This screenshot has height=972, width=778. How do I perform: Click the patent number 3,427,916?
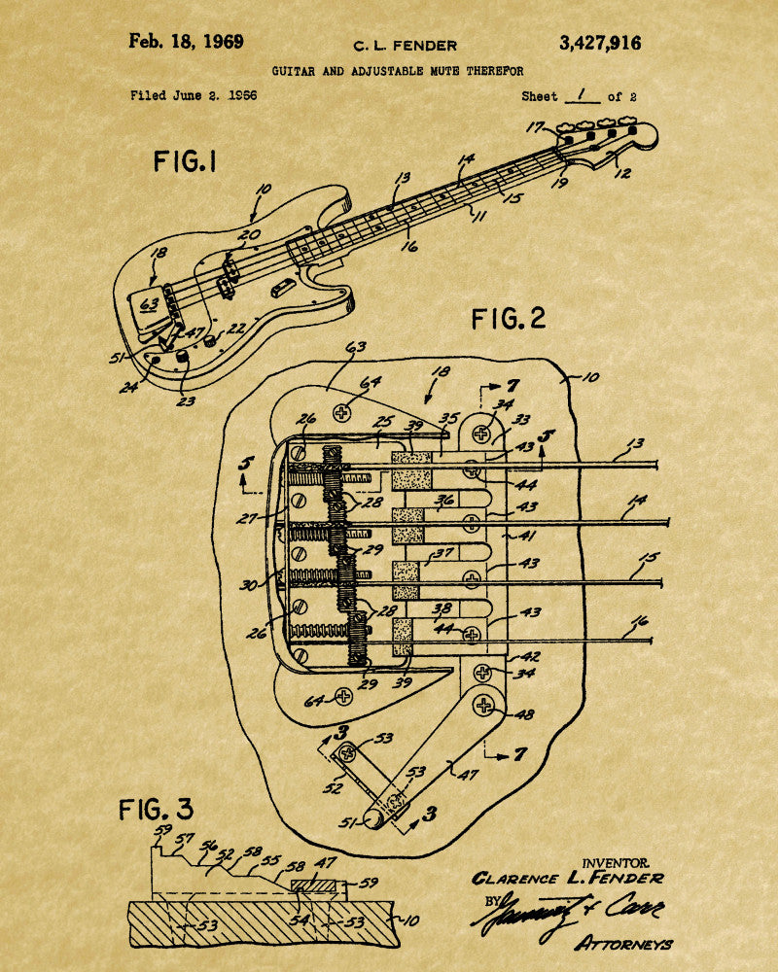pos(600,43)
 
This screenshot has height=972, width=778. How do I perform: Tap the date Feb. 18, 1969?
pos(186,42)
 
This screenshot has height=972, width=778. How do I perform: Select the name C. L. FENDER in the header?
pos(405,45)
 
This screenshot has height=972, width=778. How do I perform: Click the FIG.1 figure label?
pos(185,161)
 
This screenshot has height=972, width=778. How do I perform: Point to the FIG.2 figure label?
pos(509,318)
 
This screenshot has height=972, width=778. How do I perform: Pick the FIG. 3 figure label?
pos(156,809)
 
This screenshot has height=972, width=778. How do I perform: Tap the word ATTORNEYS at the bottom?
pos(623,943)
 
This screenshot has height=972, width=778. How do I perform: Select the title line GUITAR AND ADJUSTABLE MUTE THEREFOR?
pos(397,71)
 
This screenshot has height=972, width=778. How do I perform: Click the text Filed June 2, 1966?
pos(193,96)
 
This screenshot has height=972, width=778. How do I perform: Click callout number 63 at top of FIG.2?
pos(356,346)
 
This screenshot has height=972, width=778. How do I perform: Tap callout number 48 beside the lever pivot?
pos(525,714)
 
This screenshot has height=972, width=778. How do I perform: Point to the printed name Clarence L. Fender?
pos(568,879)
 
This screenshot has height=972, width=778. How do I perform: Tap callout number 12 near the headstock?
pos(623,173)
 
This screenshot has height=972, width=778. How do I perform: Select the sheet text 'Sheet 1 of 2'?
pos(578,96)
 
